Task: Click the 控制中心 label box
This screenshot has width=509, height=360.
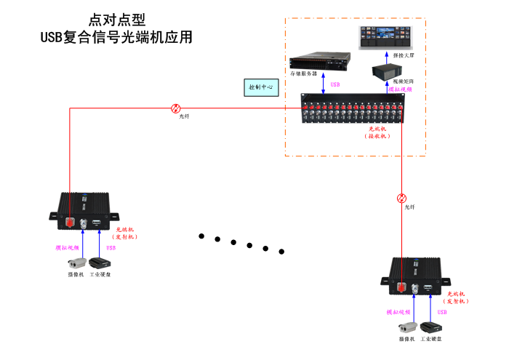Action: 260,87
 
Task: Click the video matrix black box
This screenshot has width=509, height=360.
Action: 385,71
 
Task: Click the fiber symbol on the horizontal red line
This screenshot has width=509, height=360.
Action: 175,108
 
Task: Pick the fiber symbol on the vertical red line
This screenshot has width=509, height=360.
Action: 401,198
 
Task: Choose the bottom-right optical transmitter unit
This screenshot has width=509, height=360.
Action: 417,276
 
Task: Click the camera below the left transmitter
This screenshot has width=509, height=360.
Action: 77,263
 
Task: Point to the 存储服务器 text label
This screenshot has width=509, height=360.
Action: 303,73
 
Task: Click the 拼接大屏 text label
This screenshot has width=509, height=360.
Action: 404,55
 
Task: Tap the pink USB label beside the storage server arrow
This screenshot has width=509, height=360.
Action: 335,85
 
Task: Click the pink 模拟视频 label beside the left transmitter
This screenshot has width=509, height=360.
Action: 68,247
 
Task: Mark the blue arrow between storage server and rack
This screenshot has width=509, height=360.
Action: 323,84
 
